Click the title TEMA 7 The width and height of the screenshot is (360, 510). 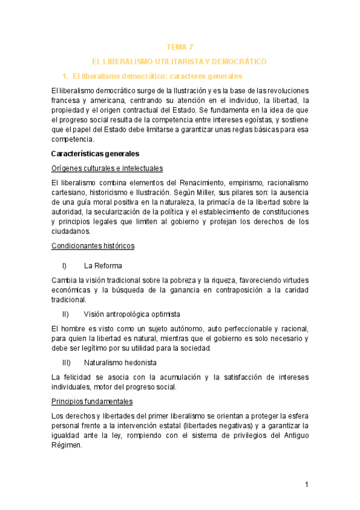point(180,47)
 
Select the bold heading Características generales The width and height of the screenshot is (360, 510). point(96,154)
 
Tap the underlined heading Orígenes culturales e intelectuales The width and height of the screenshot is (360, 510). point(108,168)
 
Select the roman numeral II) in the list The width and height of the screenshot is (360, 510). point(66,315)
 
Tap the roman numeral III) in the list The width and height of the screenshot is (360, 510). point(67,363)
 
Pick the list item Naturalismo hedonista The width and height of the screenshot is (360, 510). point(120,363)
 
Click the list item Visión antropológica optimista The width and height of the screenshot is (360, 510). point(132,315)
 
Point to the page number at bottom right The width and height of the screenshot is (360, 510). point(306,485)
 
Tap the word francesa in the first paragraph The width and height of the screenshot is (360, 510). point(67,100)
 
